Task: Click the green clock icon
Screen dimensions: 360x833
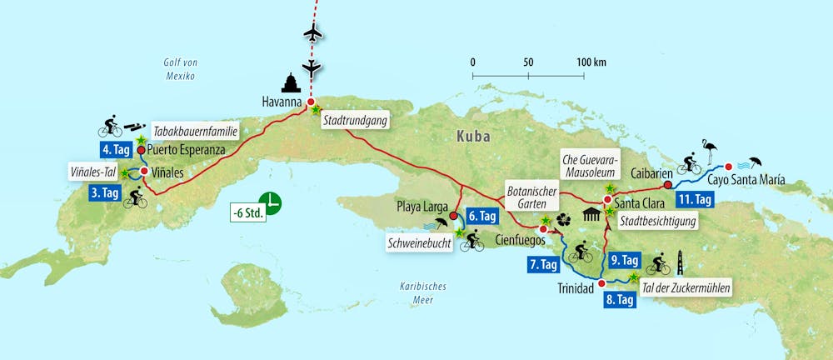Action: (270, 202)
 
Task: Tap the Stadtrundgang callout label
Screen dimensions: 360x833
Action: (355, 120)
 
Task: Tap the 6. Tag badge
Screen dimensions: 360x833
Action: (483, 216)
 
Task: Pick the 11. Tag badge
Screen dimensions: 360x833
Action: (694, 199)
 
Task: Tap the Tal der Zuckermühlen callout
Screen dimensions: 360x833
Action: (686, 288)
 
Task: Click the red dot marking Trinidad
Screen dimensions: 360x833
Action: (601, 284)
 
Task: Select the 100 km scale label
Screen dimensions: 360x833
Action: (591, 62)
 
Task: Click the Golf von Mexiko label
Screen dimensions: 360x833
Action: (179, 68)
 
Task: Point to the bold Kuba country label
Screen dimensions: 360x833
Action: (472, 135)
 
